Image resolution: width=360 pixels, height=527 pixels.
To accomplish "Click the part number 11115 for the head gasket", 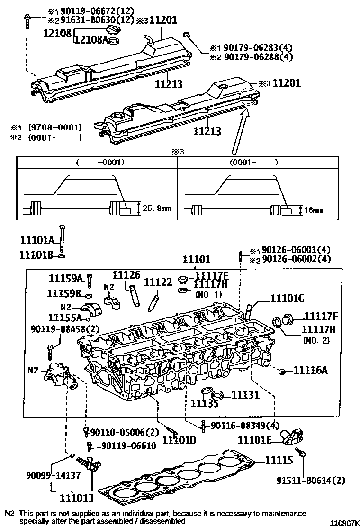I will (x=278, y=460).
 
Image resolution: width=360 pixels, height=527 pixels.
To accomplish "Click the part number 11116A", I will (x=310, y=370).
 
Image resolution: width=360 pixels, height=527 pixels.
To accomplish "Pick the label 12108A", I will (x=91, y=40).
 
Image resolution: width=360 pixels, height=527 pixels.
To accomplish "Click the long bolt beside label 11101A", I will (x=63, y=239).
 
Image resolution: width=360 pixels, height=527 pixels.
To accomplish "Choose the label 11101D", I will (x=179, y=440).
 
